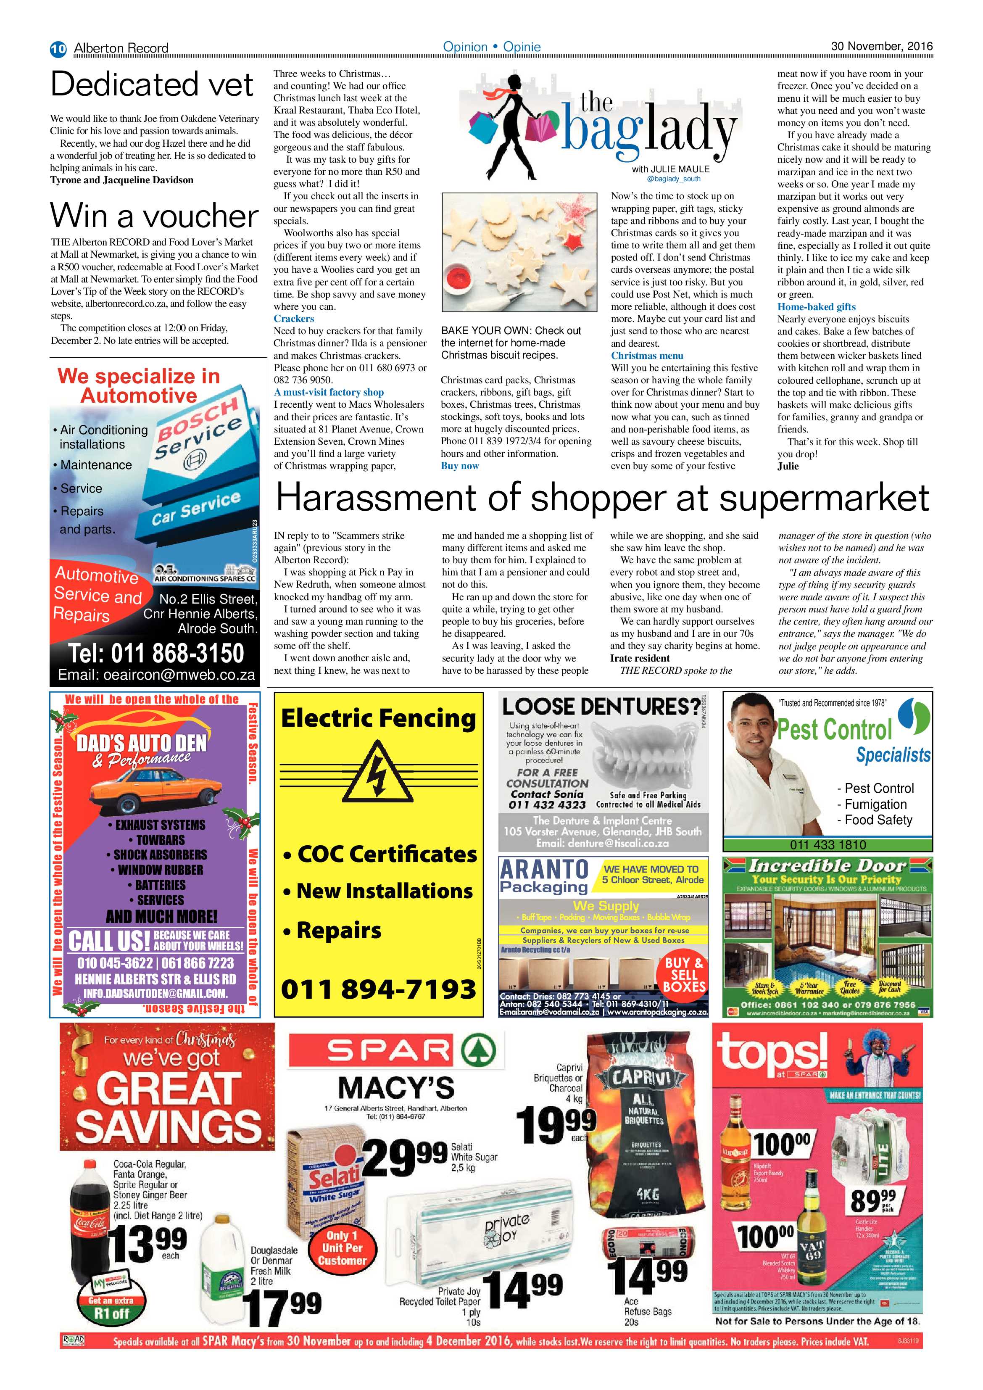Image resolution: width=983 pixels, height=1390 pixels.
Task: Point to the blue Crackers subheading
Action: pos(294,319)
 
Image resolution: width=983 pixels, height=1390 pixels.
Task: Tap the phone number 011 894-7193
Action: pos(378,989)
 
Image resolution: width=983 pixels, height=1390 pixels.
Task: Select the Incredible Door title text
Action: pos(828,866)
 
